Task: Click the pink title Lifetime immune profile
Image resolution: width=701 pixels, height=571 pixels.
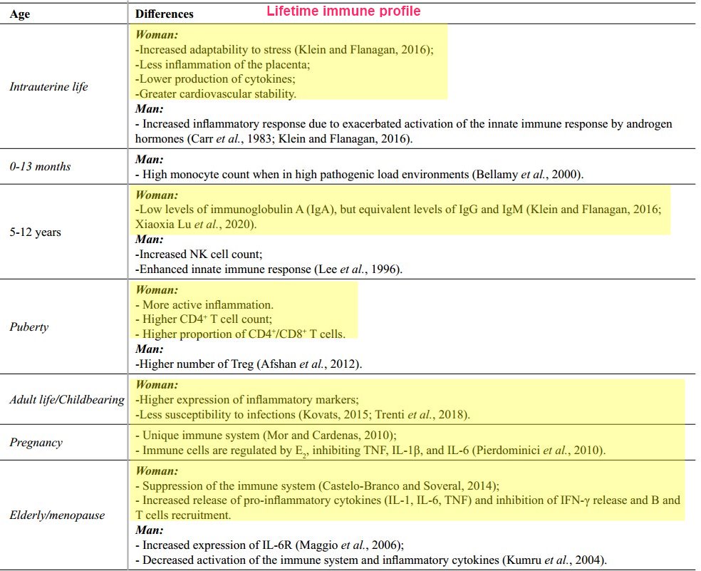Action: pyautogui.click(x=343, y=11)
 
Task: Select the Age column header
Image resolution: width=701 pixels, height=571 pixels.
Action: pyautogui.click(x=20, y=14)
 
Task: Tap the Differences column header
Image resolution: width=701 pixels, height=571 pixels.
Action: pyautogui.click(x=164, y=14)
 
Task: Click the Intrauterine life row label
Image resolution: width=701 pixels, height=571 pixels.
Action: pyautogui.click(x=48, y=87)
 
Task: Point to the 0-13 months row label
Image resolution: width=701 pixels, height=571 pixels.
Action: pyautogui.click(x=40, y=166)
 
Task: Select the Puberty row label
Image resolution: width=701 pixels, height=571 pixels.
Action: pyautogui.click(x=28, y=327)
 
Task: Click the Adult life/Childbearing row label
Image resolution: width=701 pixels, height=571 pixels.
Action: pyautogui.click(x=67, y=399)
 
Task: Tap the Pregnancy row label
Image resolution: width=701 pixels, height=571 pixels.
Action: pyautogui.click(x=36, y=442)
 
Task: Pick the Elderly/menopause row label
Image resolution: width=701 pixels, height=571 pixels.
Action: pyautogui.click(x=57, y=515)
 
